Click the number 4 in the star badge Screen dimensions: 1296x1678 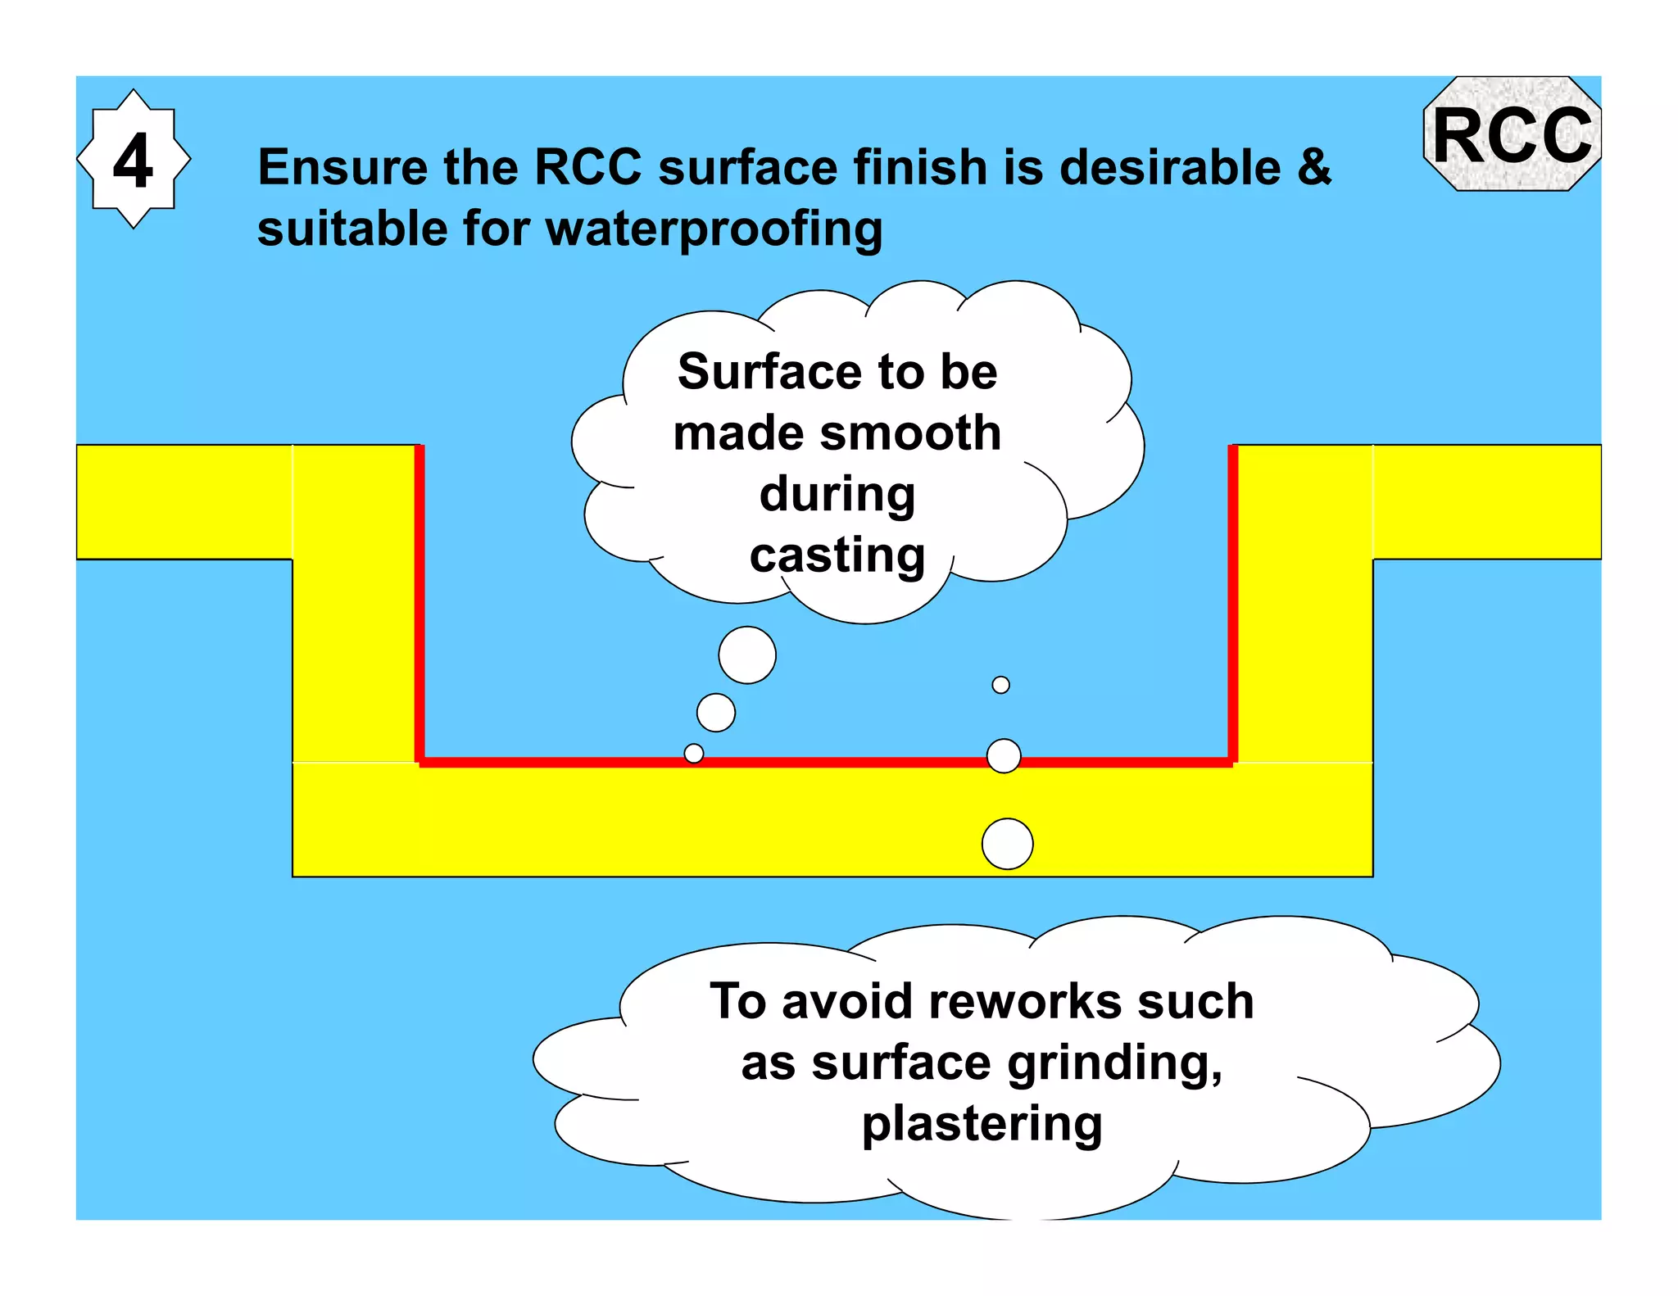(133, 161)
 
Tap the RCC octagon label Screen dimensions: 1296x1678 (1512, 135)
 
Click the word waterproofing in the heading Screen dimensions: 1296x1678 (714, 229)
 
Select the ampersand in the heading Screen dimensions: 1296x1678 (1313, 166)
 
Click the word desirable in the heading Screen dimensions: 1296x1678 (1169, 167)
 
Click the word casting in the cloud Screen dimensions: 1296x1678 (837, 555)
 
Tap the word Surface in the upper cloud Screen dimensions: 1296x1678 (769, 372)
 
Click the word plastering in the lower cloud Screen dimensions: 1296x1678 (982, 1123)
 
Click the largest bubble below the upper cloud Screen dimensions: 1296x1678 (747, 655)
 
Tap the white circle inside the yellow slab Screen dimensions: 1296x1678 (1007, 843)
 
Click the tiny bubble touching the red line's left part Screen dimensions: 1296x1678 (694, 753)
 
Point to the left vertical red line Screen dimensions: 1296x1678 (419, 602)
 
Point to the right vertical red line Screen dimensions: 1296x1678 (1232, 602)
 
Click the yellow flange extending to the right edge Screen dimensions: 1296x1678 (1486, 501)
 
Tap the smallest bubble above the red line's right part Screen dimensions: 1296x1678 (1000, 685)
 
